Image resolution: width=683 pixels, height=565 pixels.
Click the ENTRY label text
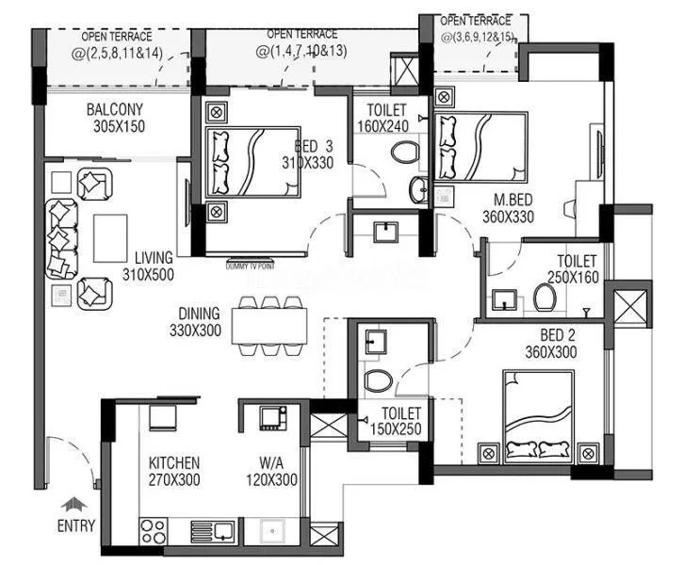(x=76, y=525)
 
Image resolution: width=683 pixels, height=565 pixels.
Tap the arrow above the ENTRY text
(x=72, y=505)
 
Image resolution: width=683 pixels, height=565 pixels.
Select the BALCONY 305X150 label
(x=116, y=118)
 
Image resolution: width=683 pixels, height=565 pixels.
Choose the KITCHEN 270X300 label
(x=174, y=471)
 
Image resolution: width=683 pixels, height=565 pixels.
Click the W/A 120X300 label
(x=278, y=471)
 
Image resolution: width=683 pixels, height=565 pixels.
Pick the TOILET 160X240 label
(x=381, y=118)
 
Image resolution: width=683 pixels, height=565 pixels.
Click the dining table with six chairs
(x=273, y=325)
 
